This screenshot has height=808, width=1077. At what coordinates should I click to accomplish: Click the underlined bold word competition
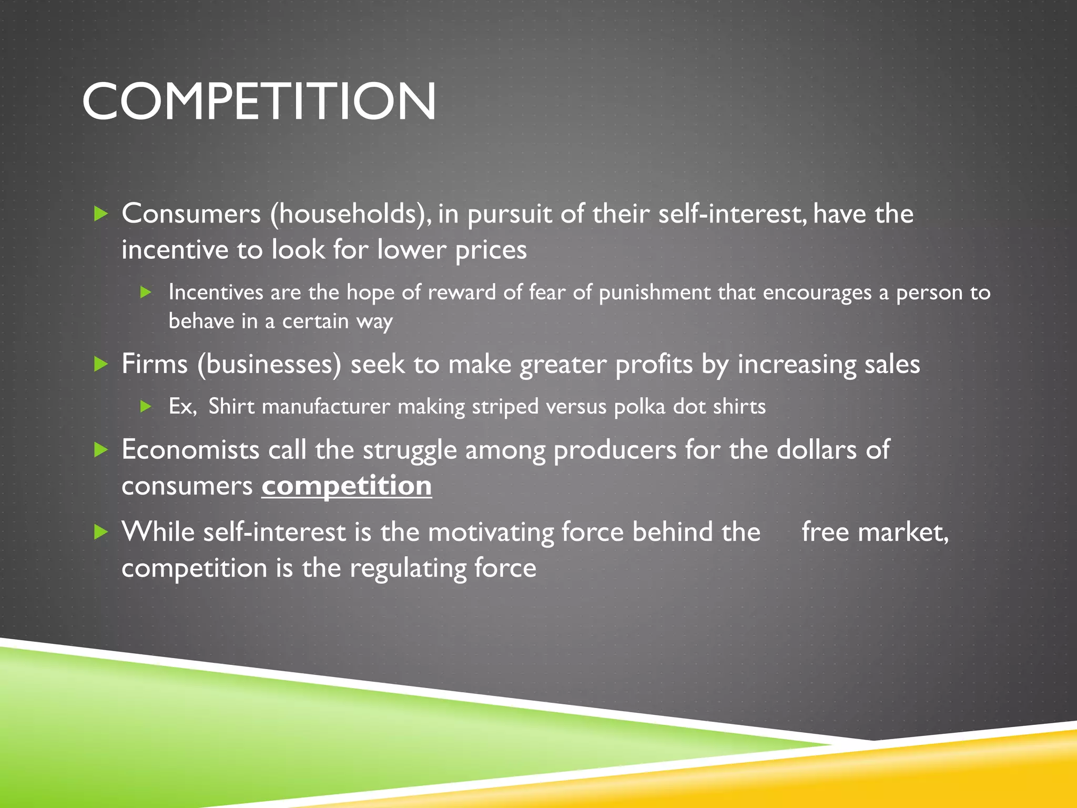click(347, 485)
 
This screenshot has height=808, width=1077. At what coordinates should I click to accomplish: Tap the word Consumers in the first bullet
click(191, 214)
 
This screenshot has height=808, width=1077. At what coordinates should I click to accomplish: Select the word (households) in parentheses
click(351, 214)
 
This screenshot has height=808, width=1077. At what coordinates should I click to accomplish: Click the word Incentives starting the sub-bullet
click(216, 292)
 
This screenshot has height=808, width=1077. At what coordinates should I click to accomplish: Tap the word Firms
click(154, 363)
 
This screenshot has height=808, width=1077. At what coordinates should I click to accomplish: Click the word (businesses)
click(269, 363)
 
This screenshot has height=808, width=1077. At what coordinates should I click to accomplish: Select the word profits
click(654, 363)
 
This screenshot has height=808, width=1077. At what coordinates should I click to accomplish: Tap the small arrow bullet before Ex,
click(146, 407)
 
